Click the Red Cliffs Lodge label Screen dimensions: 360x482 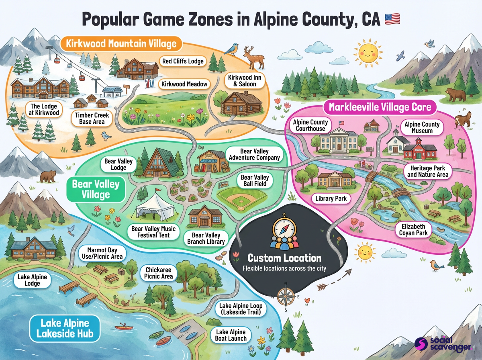(x=183, y=61)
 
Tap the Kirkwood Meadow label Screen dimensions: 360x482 (x=185, y=84)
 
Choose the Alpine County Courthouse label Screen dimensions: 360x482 (x=310, y=125)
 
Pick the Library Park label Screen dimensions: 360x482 (x=331, y=198)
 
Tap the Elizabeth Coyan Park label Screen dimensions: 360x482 (x=412, y=230)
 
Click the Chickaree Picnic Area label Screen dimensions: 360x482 (x=159, y=273)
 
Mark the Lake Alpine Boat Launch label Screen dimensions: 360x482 (x=231, y=335)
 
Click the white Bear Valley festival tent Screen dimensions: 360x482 (x=155, y=206)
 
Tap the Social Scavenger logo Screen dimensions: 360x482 (x=442, y=344)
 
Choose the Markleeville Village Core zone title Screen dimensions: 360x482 (x=380, y=107)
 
